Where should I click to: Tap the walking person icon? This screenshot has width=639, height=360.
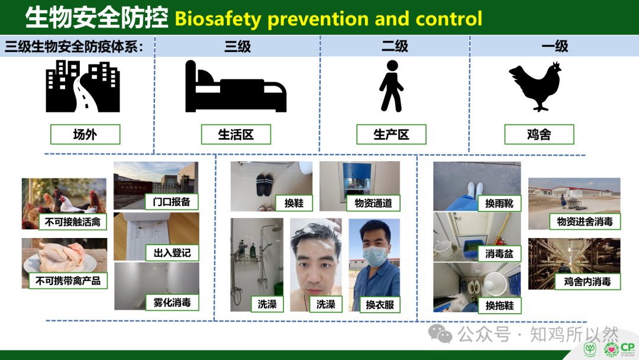(391, 86)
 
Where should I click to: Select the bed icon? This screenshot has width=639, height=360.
(235, 86)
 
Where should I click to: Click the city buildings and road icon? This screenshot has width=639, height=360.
(83, 86)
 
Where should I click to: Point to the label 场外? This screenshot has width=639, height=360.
(85, 134)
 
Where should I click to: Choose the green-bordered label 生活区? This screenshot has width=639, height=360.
(236, 134)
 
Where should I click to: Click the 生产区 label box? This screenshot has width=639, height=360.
(391, 134)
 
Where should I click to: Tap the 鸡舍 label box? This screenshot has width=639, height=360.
(539, 134)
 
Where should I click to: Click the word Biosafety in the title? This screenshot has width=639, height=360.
(218, 19)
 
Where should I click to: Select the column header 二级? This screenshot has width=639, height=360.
(395, 46)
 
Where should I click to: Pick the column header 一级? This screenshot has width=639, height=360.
(554, 46)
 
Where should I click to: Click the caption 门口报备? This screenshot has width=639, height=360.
(172, 202)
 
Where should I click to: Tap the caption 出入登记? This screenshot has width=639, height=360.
(172, 253)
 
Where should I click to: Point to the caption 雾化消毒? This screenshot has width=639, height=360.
(172, 303)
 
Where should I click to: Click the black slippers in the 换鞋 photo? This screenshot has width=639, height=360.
(265, 185)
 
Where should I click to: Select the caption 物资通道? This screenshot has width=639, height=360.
(373, 203)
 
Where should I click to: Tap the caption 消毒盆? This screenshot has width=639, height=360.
(499, 253)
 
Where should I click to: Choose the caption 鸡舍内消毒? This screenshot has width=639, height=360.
(588, 281)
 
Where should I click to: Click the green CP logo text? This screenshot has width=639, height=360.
(628, 348)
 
